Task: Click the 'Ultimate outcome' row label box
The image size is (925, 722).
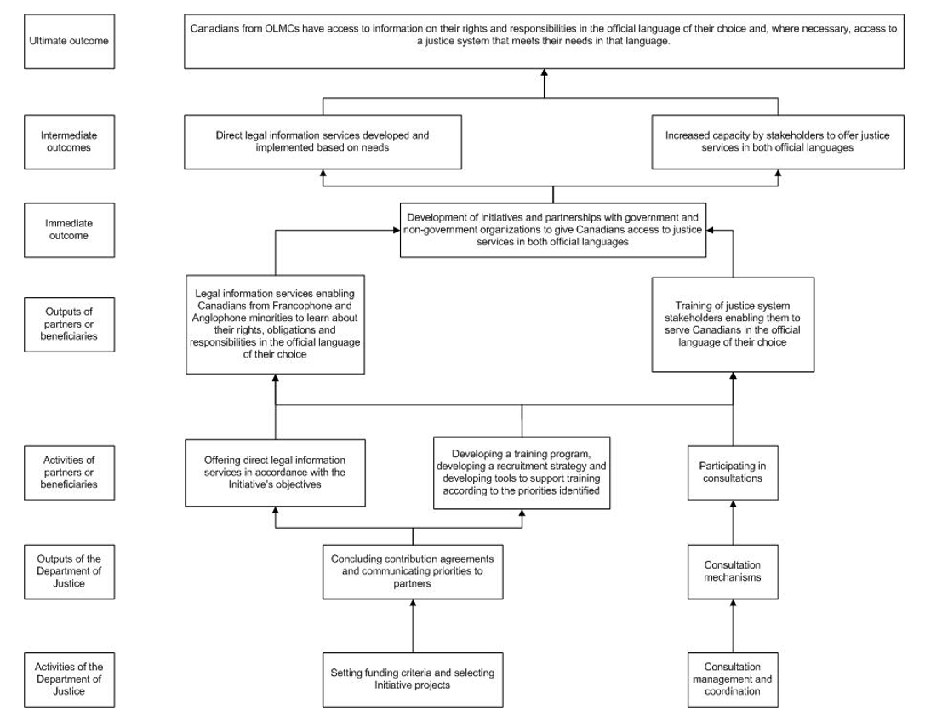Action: coord(69,42)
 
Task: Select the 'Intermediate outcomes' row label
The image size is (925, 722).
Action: coord(69,141)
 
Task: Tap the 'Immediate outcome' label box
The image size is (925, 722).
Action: coord(69,230)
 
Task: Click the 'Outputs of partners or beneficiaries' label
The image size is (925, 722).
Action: coord(69,324)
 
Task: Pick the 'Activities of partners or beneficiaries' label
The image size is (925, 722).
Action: coord(69,473)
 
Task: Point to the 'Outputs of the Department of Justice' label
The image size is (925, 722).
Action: coord(69,571)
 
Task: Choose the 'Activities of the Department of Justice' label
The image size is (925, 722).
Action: coord(69,679)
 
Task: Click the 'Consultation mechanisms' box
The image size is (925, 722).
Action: coord(733,571)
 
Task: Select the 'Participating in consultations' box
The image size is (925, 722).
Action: coord(733,473)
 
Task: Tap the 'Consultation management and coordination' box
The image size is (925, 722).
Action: coord(733,679)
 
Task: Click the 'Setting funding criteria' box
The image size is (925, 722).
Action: coord(413,679)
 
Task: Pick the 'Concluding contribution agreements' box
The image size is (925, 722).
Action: coord(413,571)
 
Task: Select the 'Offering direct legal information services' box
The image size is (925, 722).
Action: coord(275,473)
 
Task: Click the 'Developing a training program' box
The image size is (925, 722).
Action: coord(522,473)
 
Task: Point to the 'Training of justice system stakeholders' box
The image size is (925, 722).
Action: coord(733,324)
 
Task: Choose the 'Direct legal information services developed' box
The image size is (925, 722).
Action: coord(323,141)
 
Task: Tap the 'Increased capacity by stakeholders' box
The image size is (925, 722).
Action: coord(778,141)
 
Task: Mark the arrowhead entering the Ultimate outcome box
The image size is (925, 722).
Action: coord(544,72)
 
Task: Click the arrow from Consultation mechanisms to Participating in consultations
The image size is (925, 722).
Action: coord(734,523)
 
